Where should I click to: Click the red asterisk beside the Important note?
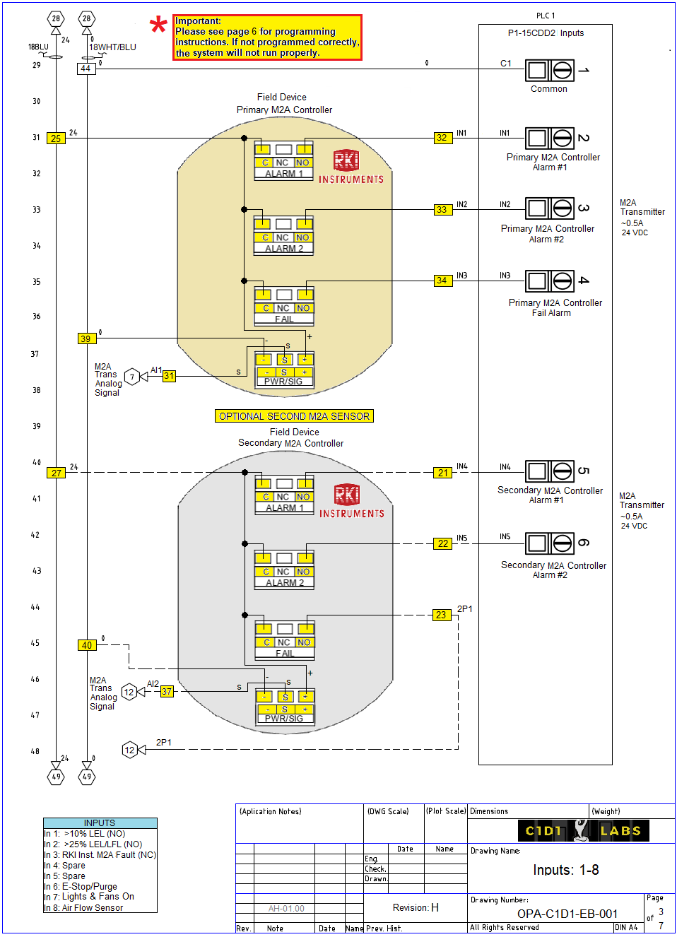tap(158, 27)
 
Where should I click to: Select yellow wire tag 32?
tap(442, 138)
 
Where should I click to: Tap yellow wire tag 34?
tap(442, 281)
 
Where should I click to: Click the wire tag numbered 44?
tap(86, 69)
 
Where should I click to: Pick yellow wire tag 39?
tap(86, 338)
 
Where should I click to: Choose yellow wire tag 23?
tap(441, 615)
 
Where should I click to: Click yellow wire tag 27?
tap(57, 473)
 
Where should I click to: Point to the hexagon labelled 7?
tap(131, 377)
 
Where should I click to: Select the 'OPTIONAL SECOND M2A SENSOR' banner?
tap(294, 416)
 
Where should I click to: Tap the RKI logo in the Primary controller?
tap(346, 160)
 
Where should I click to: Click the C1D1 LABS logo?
tap(583, 830)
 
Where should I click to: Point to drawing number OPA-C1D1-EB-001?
tap(567, 914)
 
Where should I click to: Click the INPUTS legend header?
tap(100, 823)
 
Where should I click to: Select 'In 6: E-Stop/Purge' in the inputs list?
tap(81, 886)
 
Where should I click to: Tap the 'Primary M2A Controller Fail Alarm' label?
tap(555, 307)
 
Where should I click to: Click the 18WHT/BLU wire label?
tap(112, 47)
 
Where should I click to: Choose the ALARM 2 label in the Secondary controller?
tap(285, 583)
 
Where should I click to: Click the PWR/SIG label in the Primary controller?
tap(283, 382)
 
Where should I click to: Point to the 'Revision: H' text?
tap(416, 907)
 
